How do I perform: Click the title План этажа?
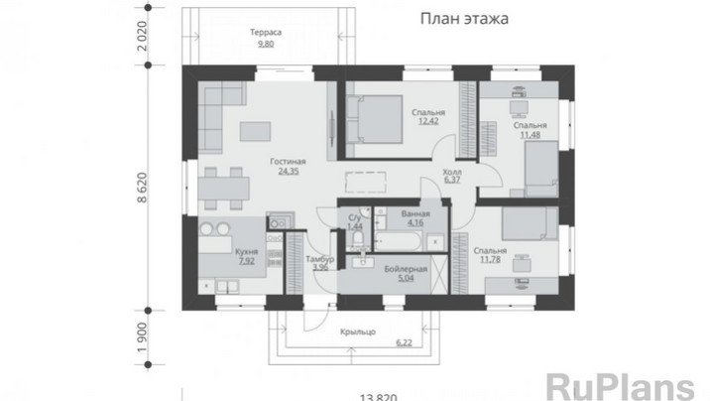tap(464, 19)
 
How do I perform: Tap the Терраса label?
tap(266, 32)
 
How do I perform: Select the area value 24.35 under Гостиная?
tap(289, 172)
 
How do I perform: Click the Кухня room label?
tap(246, 251)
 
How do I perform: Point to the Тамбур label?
tap(320, 259)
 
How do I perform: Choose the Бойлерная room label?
tap(406, 269)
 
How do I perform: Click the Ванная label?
tap(415, 213)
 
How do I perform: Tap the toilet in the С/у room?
tap(358, 238)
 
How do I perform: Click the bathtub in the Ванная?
tap(399, 241)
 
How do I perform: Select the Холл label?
tap(452, 172)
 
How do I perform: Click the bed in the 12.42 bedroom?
tap(375, 119)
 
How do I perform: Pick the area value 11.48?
tap(531, 135)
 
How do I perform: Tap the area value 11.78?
tap(490, 260)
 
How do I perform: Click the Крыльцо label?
tap(358, 332)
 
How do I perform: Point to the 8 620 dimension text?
tap(142, 188)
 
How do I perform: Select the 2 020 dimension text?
tap(142, 37)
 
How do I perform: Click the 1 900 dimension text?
tap(142, 337)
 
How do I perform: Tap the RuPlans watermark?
tap(621, 386)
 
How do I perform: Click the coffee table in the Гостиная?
tap(256, 131)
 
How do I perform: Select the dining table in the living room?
tap(224, 189)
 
